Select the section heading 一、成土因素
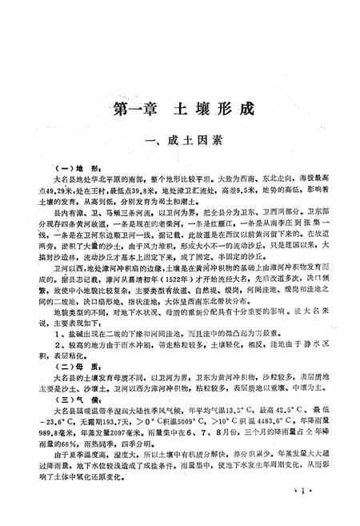click(x=180, y=142)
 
